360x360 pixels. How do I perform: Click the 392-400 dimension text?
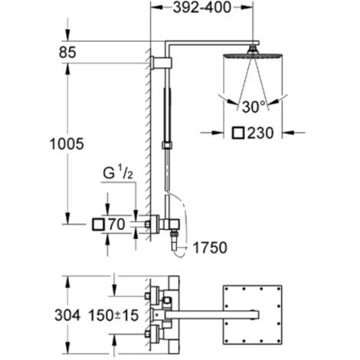pos(201,8)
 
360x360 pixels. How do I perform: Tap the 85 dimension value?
pos(67,52)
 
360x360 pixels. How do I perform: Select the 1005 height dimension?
pos(67,144)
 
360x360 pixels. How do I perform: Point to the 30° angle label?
pos(254,107)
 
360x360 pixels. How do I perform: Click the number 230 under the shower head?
pos(260,133)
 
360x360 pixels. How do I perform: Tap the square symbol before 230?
pos(238,133)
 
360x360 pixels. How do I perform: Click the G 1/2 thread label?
pos(118,172)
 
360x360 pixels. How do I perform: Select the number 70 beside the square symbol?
pos(116,224)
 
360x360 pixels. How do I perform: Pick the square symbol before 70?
pos(98,224)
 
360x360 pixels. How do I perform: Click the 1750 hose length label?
pos(210,247)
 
